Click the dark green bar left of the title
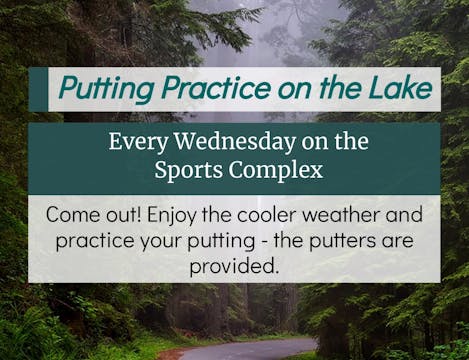pyautogui.click(x=39, y=90)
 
